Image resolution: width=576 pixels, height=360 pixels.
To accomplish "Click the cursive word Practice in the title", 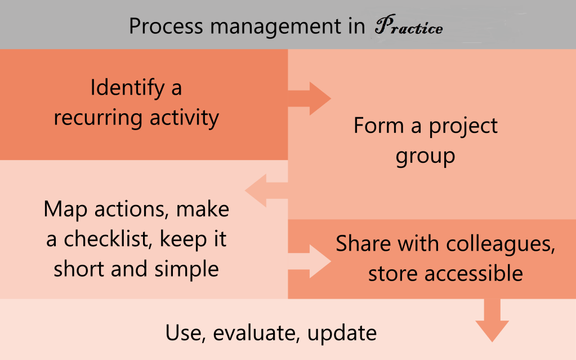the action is (x=409, y=25).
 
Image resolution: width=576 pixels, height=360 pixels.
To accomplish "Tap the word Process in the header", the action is (x=166, y=26).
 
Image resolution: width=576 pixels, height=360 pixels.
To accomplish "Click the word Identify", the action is (x=127, y=88).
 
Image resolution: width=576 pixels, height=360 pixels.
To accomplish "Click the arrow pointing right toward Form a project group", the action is (x=309, y=99).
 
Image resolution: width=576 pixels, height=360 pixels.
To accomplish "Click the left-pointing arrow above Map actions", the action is (x=266, y=190).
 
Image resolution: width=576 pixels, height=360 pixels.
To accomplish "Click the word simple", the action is (x=186, y=269).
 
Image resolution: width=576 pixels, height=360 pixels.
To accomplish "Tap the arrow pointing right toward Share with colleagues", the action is (x=309, y=261).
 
